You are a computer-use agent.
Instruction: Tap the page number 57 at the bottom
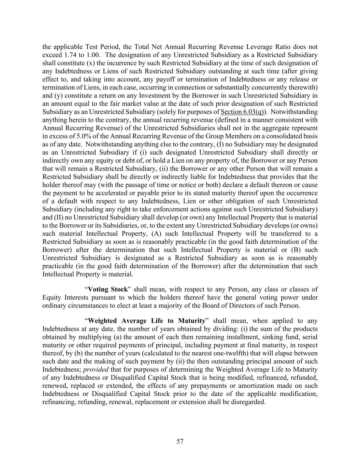pyautogui.click(x=180, y=441)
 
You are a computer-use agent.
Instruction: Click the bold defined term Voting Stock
pyautogui.click(x=107, y=290)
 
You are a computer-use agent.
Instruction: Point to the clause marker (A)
pyautogui.click(x=157, y=234)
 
